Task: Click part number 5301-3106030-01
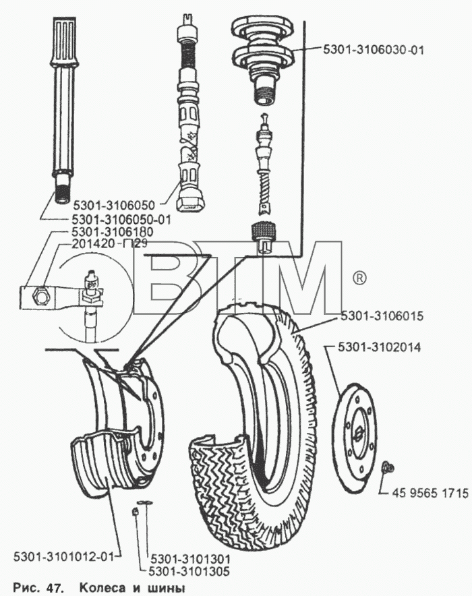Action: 374,50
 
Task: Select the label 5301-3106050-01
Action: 121,219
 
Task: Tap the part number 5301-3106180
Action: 112,232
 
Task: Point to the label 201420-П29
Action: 109,243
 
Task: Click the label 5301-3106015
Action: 382,316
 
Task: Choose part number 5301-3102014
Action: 379,347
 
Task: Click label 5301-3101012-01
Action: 63,557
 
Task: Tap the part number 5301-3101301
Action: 190,559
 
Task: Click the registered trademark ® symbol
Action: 359,278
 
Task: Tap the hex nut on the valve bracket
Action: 40,294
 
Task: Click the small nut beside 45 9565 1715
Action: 387,467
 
